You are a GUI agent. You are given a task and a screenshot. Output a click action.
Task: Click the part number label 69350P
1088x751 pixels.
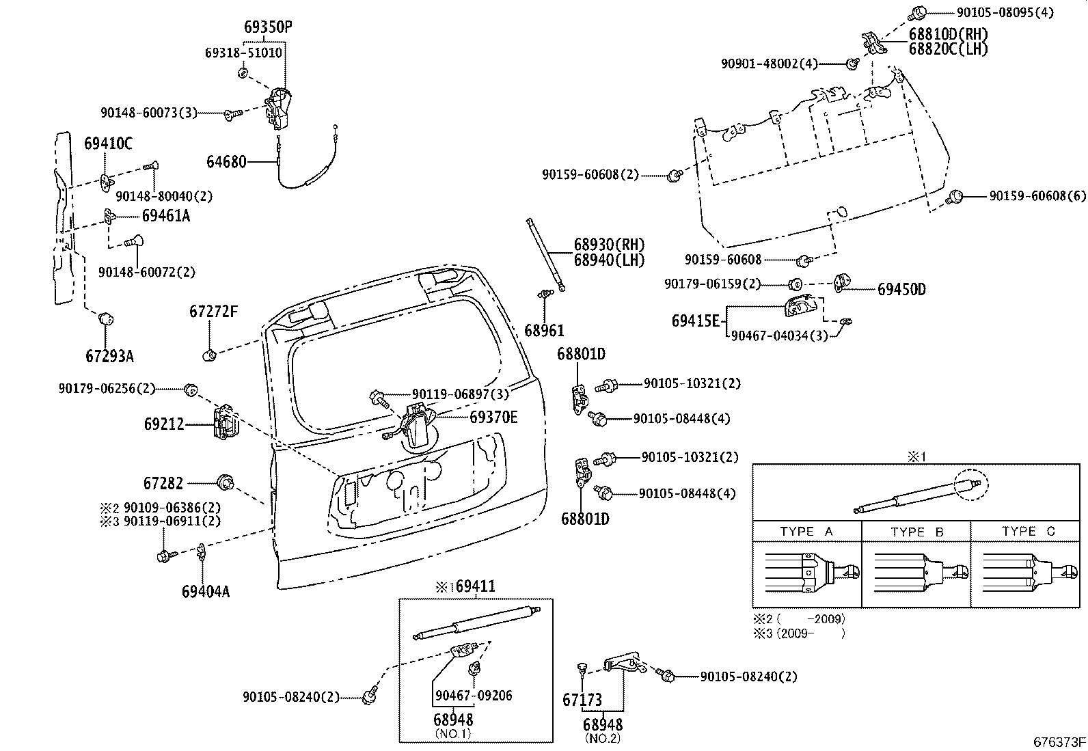point(267,27)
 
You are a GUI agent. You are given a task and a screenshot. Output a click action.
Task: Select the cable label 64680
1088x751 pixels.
point(226,162)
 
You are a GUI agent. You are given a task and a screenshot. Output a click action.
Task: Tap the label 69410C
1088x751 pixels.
point(108,144)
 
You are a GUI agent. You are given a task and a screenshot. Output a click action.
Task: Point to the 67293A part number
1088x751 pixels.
point(109,356)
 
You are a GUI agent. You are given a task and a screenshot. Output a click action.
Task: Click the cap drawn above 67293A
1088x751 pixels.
point(106,319)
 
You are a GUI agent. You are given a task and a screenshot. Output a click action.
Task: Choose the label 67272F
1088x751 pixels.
point(213,312)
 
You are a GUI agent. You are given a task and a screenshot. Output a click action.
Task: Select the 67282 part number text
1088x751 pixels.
point(163,483)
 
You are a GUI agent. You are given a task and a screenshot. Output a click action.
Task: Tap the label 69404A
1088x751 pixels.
point(205,591)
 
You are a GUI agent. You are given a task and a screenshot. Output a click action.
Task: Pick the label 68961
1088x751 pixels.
point(544,331)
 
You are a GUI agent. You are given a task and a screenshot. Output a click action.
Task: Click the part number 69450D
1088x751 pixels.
point(901,289)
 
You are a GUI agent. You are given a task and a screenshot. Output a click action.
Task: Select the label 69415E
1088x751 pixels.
point(695,320)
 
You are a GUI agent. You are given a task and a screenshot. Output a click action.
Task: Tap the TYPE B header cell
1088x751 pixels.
point(916,531)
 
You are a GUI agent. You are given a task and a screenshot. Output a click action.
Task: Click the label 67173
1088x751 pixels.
point(582,700)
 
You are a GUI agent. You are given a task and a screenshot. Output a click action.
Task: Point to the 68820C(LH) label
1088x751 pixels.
point(948,49)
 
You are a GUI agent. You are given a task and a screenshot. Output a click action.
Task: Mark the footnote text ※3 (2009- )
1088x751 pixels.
point(799,633)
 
